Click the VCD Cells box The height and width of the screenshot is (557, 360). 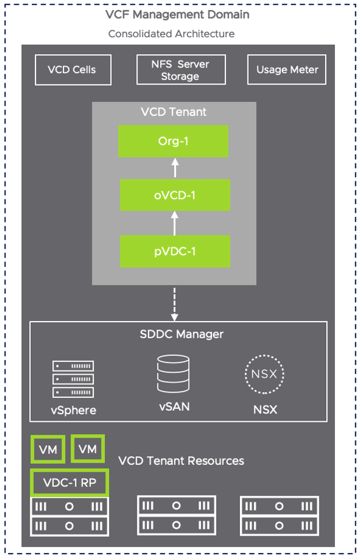pos(72,70)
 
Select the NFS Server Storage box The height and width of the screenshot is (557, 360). pos(181,70)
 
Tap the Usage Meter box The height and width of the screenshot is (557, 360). pos(287,70)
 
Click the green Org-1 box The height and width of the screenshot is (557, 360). pos(174,142)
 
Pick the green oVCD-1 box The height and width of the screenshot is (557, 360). pos(175,195)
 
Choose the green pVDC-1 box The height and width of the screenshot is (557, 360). pos(175,252)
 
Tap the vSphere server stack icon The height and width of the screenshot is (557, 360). pos(73,379)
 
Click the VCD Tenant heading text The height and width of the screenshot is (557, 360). pos(174,112)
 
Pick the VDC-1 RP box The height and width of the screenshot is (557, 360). pos(69,482)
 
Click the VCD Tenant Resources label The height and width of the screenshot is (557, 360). pos(181,461)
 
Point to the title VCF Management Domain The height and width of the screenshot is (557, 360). pos(177,15)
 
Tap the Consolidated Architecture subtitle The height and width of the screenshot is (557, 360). pos(171,34)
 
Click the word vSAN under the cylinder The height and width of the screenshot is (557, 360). pos(174,407)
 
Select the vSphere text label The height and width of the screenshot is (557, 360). pos(73,410)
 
